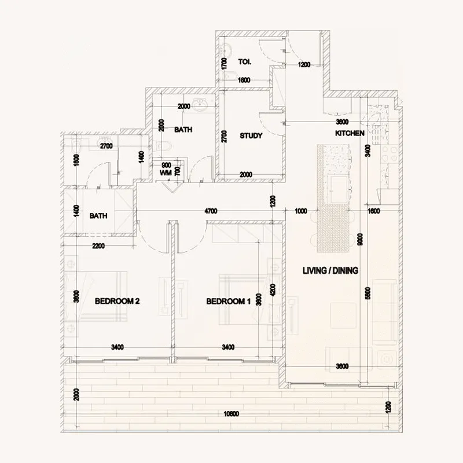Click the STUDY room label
point(251,136)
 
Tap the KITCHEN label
point(350,134)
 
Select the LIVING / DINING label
point(330,270)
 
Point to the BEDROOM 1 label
point(228,302)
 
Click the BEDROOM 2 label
point(117,301)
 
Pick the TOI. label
point(245,62)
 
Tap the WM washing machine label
point(166,172)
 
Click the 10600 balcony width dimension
point(231,414)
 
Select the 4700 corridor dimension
point(211,211)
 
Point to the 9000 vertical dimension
point(360,239)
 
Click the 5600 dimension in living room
point(368,293)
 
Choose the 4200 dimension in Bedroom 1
point(273,290)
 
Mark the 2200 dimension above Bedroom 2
point(98,245)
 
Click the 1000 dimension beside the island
point(301,211)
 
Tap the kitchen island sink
point(339,189)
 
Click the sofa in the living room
point(384,312)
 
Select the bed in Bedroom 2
point(96,296)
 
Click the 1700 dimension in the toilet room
point(224,64)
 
